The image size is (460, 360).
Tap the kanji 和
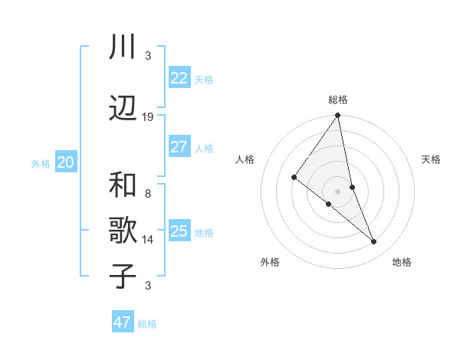[x=123, y=185]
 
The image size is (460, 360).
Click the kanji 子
[x=123, y=276]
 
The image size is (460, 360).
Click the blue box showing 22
[x=179, y=78]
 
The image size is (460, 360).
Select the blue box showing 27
[x=179, y=147]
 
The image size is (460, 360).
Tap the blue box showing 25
[x=179, y=231]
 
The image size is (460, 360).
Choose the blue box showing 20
[x=66, y=162]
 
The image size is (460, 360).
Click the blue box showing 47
[x=123, y=322]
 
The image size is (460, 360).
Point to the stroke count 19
[x=148, y=117]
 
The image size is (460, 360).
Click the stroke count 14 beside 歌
[x=148, y=240]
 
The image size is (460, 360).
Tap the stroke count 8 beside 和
[x=148, y=194]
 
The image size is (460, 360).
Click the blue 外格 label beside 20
[x=40, y=163]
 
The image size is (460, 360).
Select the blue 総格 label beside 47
[x=147, y=324]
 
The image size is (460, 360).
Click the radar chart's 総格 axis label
[x=337, y=100]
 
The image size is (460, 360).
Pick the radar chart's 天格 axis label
[x=431, y=159]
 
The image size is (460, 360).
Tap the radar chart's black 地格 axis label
[x=402, y=262]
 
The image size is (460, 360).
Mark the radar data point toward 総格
[x=337, y=116]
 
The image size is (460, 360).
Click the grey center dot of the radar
[x=337, y=191]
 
